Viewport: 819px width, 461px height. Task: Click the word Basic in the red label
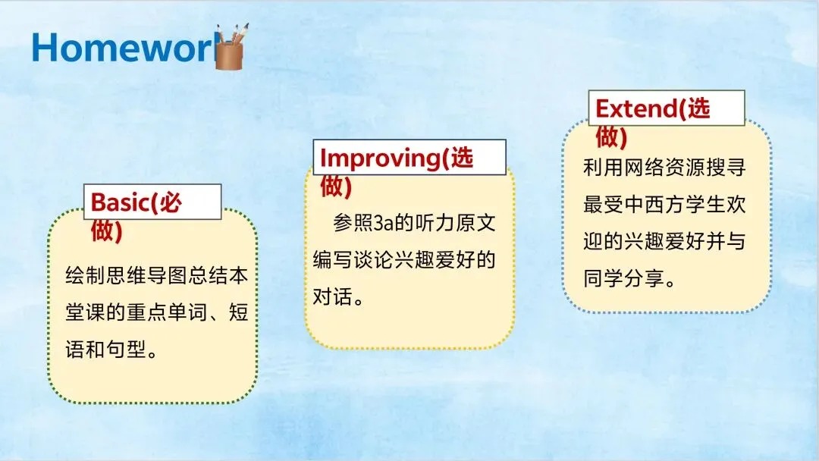[120, 202]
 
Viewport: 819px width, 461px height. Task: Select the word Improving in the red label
[381, 158]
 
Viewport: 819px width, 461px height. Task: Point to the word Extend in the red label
[636, 108]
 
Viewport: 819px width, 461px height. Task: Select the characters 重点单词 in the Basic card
[167, 312]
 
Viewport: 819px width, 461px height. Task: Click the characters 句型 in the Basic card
[126, 350]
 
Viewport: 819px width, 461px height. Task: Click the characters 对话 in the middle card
[333, 296]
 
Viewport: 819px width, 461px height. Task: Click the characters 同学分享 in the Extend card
[623, 278]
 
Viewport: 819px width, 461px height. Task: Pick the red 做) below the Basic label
[107, 230]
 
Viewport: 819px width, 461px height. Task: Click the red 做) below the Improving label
[336, 186]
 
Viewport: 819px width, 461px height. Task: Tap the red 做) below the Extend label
[611, 136]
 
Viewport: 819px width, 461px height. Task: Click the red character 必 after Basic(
[171, 202]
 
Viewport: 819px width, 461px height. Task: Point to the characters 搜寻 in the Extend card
[726, 167]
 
